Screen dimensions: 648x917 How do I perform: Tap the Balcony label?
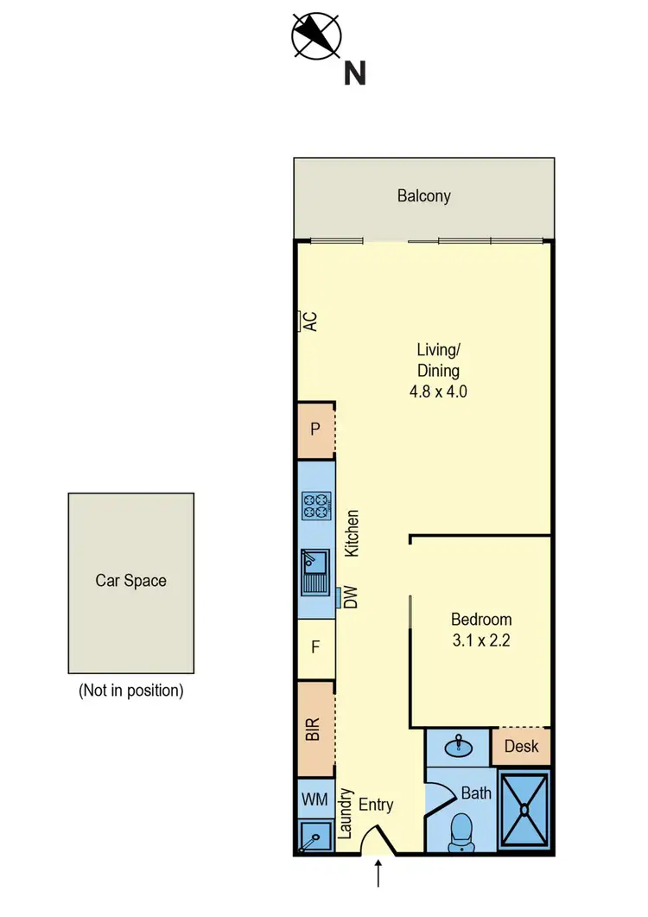point(423,196)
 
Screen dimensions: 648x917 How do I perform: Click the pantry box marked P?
point(315,430)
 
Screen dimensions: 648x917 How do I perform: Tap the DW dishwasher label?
point(351,598)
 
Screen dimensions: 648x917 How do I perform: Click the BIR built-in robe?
point(314,729)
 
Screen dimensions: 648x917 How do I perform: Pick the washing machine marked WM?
point(314,799)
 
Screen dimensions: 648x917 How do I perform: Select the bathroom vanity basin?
point(458,746)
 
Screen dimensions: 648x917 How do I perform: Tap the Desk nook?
point(521,747)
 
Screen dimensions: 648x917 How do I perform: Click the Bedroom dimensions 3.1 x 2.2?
point(481,641)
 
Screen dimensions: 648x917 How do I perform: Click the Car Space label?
point(130,581)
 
